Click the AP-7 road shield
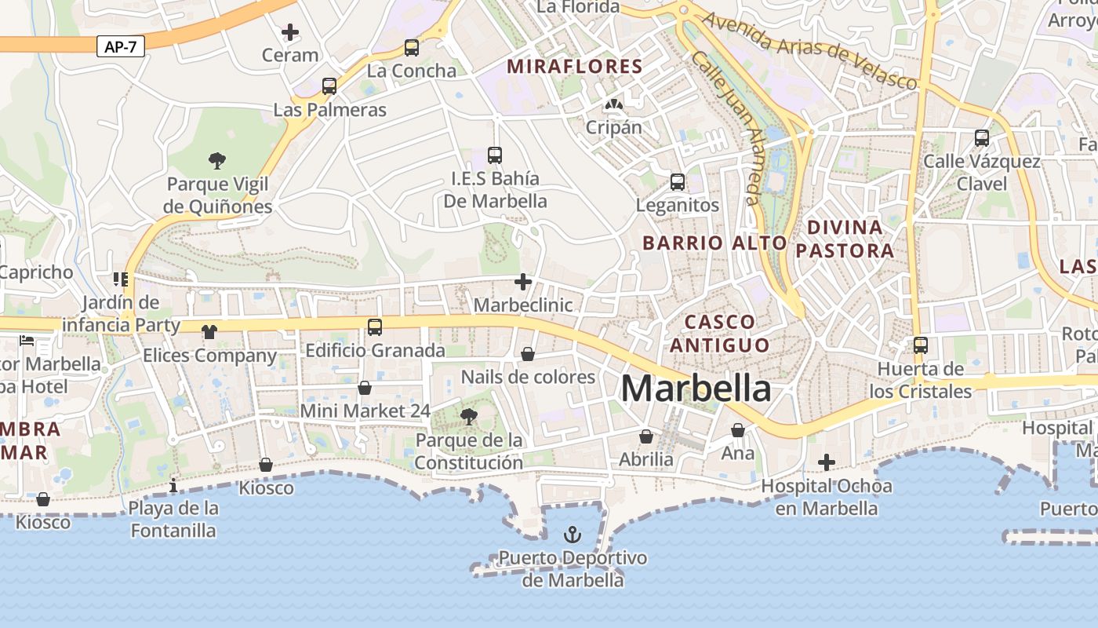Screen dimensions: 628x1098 click(x=121, y=47)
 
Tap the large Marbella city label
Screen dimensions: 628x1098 click(x=696, y=389)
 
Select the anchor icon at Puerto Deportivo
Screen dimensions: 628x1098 click(x=573, y=535)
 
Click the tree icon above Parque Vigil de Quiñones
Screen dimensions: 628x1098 click(x=217, y=161)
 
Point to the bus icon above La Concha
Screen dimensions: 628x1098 click(x=412, y=48)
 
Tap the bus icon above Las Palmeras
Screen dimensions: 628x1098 click(x=329, y=86)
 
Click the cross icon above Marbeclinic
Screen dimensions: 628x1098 click(x=523, y=282)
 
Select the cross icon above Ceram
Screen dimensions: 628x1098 click(x=290, y=32)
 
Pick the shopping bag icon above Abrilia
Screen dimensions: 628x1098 click(x=646, y=436)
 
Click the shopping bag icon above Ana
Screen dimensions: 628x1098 click(x=738, y=430)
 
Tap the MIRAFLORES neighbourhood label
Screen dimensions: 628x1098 click(x=575, y=67)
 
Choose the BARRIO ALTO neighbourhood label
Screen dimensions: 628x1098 click(x=714, y=243)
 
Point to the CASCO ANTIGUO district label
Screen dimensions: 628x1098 click(x=720, y=333)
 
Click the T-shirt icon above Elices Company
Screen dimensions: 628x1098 click(x=209, y=332)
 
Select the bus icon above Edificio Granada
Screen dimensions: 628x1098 click(x=375, y=327)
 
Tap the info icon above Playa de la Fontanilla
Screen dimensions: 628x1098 click(x=173, y=485)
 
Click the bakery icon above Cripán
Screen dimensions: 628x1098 click(x=613, y=104)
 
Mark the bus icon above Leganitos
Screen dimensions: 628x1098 click(x=678, y=182)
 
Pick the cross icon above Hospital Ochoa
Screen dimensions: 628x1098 click(x=826, y=462)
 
